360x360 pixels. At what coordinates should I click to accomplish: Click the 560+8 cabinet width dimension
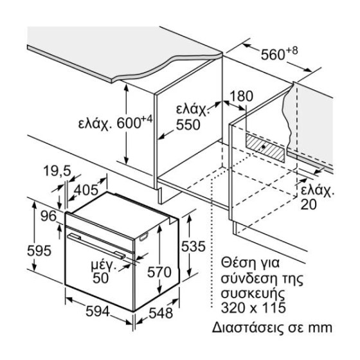click(x=279, y=53)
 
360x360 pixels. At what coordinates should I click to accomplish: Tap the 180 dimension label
click(x=241, y=96)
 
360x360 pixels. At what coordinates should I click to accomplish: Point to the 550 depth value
click(x=188, y=125)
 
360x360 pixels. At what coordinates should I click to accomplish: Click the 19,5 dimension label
click(x=57, y=171)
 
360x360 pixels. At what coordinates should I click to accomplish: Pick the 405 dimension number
click(x=86, y=190)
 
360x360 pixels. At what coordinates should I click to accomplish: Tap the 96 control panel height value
click(x=48, y=216)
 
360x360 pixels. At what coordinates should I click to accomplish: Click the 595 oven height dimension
click(x=39, y=251)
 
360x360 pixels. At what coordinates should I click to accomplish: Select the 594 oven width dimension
click(x=98, y=312)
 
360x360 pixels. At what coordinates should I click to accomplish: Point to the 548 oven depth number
click(x=161, y=313)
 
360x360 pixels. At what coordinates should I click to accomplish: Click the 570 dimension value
click(x=159, y=273)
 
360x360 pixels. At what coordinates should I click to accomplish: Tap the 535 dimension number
click(x=193, y=247)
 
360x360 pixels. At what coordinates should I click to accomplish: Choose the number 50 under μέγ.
click(x=100, y=278)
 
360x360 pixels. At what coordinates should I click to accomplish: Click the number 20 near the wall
click(x=309, y=204)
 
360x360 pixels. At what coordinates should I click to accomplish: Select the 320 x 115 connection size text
click(x=253, y=308)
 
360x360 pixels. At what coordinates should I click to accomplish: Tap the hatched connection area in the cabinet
click(x=265, y=148)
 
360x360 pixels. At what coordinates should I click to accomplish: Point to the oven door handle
click(x=96, y=246)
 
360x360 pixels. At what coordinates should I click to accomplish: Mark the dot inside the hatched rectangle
click(x=264, y=147)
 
